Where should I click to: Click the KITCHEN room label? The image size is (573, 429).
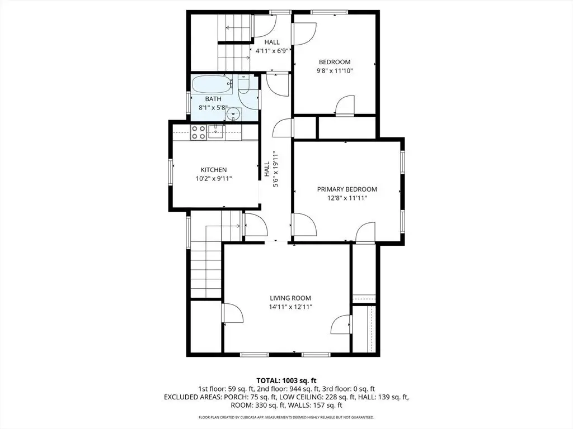pyautogui.click(x=213, y=170)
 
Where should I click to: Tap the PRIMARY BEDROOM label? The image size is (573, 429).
pyautogui.click(x=347, y=189)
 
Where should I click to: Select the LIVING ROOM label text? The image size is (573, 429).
pyautogui.click(x=290, y=298)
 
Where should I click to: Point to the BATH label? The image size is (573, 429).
pyautogui.click(x=213, y=99)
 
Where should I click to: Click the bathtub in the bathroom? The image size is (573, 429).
pyautogui.click(x=212, y=85)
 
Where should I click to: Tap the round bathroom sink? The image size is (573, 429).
pyautogui.click(x=233, y=114)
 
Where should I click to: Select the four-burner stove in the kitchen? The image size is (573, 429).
pyautogui.click(x=199, y=132)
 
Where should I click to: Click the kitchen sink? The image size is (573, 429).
pyautogui.click(x=217, y=132)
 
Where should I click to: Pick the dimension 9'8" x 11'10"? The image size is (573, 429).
pyautogui.click(x=335, y=71)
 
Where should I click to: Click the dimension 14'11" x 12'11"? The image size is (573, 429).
pyautogui.click(x=290, y=307)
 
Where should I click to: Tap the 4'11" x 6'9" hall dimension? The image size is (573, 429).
pyautogui.click(x=272, y=51)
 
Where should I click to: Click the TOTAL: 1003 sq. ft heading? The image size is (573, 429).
pyautogui.click(x=286, y=381)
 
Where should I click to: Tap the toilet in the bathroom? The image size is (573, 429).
pyautogui.click(x=243, y=83)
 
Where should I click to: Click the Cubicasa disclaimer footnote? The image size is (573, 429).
pyautogui.click(x=286, y=417)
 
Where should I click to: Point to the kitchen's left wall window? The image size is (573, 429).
pyautogui.click(x=170, y=171)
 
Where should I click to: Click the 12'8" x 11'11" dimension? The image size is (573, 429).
pyautogui.click(x=347, y=198)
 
